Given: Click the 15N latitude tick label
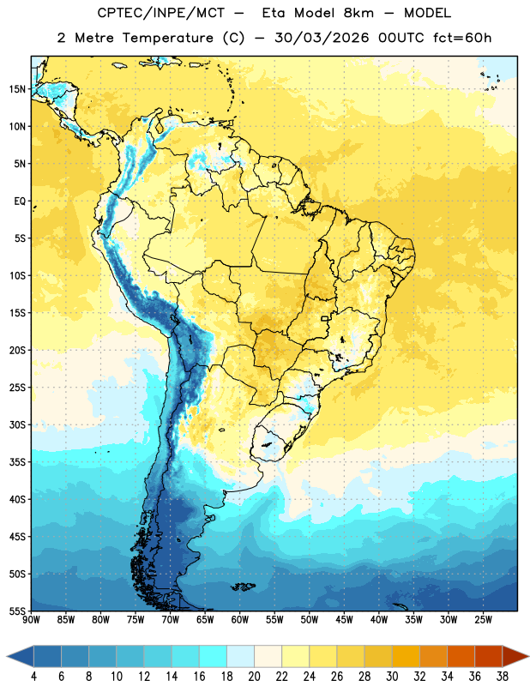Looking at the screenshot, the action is pos(17,89).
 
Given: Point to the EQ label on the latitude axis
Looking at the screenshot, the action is pos(20,202).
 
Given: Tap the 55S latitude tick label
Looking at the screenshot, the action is pos(17,611).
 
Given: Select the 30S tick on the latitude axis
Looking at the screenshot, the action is pos(17,424).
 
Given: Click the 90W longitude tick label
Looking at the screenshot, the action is pos(31,620).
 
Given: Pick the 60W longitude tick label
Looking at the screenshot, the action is pos(240,620).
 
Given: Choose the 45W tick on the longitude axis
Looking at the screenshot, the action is pos(344,620).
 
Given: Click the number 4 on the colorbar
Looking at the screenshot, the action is pos(33,677).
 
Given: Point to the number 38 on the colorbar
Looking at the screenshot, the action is pos(503,677).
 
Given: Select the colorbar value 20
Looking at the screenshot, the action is pos(254,677).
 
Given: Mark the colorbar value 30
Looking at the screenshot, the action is pos(392,677).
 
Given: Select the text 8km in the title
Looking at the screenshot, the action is pos(358,13).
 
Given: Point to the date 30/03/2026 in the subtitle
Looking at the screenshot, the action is pos(322,38).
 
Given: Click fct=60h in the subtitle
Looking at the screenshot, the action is pos(462,38).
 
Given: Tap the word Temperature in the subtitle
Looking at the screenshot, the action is pos(167,39).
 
